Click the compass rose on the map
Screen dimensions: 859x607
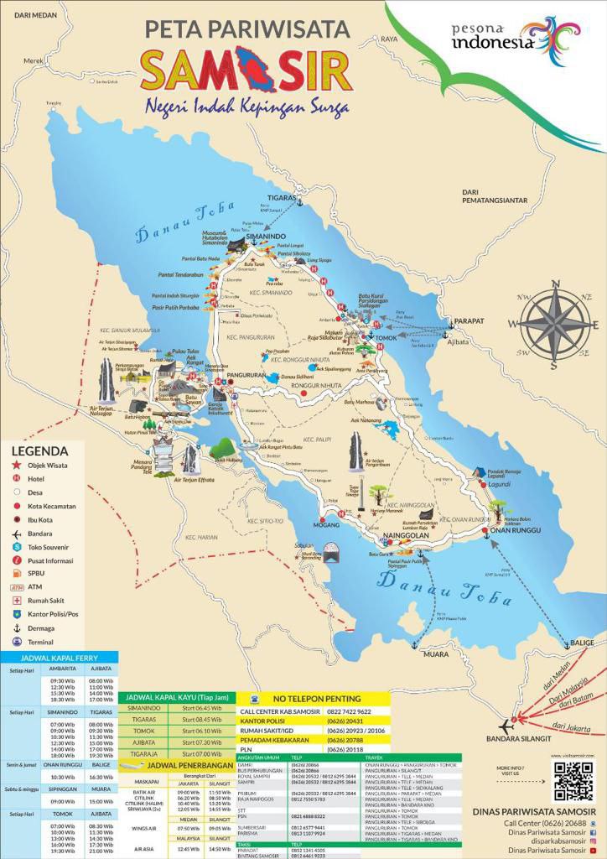point(554,325)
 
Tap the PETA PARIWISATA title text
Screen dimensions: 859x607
point(247,29)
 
